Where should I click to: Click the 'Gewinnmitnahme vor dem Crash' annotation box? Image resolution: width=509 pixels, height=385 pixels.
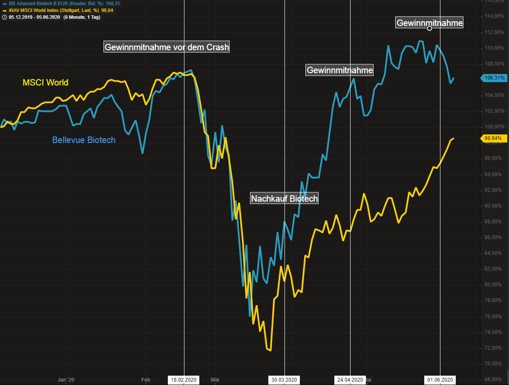click(x=167, y=47)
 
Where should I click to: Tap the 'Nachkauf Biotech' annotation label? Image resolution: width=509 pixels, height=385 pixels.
click(x=284, y=198)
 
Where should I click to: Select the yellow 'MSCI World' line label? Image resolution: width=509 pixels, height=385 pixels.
click(x=45, y=83)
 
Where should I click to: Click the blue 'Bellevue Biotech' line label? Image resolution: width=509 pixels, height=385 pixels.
click(x=83, y=140)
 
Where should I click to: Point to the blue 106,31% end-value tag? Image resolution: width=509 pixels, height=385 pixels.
click(x=494, y=78)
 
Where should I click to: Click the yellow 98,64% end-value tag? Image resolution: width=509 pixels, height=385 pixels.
click(x=494, y=138)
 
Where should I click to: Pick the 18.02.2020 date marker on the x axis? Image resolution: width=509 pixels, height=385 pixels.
click(x=184, y=379)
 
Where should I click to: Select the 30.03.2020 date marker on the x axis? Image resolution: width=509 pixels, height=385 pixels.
click(x=284, y=379)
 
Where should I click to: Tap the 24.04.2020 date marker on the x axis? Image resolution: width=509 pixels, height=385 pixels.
click(x=350, y=379)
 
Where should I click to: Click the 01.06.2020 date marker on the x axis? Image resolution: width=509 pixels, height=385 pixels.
click(x=440, y=379)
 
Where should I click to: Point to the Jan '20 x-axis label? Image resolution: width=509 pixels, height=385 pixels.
click(x=66, y=379)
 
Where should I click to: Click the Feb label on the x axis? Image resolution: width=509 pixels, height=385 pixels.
click(x=146, y=379)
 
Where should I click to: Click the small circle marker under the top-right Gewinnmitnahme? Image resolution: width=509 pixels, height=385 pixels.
click(x=429, y=29)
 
